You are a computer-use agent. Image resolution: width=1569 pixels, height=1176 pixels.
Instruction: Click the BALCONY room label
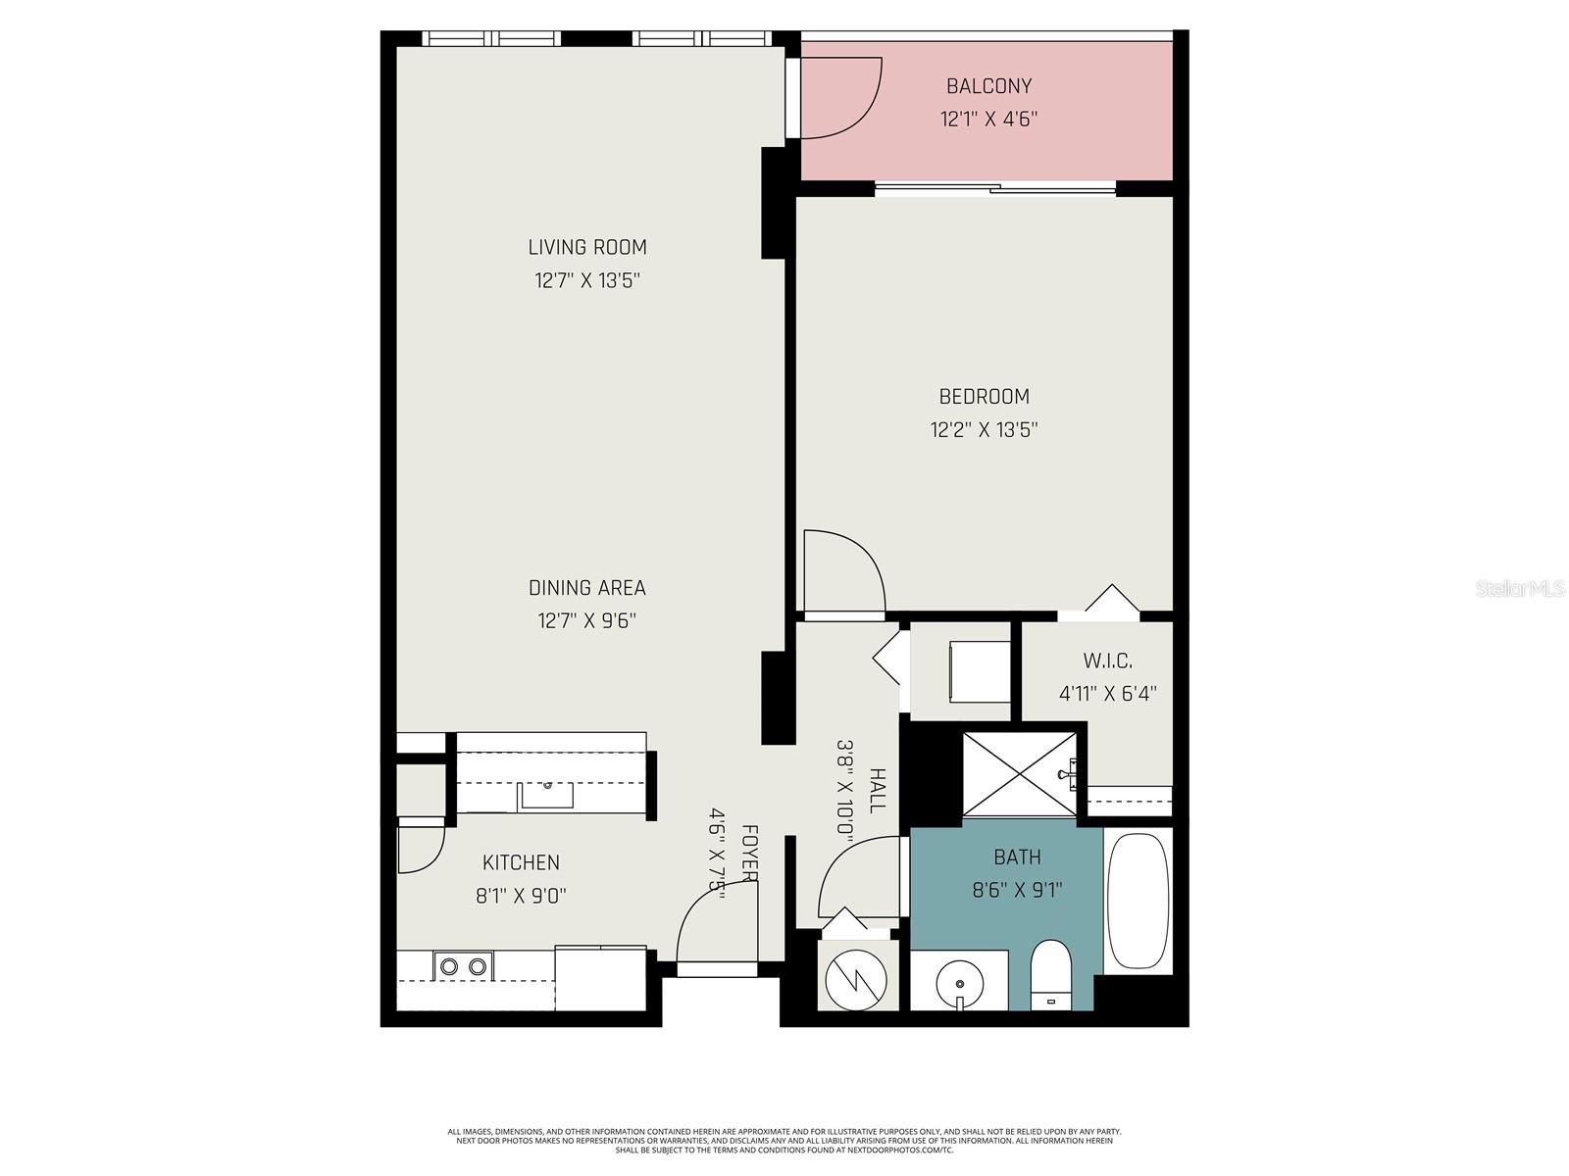(988, 86)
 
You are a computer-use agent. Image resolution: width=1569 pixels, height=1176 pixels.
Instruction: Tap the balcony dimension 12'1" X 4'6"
(988, 120)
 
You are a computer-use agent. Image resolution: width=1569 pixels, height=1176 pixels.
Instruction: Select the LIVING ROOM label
(587, 247)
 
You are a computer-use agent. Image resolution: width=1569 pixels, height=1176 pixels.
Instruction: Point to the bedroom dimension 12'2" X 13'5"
(984, 429)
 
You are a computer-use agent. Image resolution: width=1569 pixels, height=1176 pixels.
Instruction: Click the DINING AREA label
(586, 588)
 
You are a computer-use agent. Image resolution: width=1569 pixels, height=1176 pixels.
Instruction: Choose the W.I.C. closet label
(1108, 661)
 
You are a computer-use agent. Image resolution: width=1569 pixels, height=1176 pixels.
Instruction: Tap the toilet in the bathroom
(1052, 974)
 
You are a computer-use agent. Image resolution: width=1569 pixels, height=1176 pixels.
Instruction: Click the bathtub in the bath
(1138, 900)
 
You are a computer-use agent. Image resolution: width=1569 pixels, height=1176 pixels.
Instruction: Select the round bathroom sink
(958, 980)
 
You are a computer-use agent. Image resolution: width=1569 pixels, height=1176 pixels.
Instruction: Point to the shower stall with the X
(1020, 774)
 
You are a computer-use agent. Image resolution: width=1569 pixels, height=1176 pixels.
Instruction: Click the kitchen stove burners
(463, 966)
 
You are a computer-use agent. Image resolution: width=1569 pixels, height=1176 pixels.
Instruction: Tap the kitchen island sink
(546, 795)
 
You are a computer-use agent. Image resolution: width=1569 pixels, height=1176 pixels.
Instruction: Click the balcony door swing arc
(841, 98)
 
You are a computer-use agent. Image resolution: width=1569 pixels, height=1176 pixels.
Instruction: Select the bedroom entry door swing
(843, 571)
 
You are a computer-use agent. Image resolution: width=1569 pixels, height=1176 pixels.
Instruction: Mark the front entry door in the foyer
(716, 926)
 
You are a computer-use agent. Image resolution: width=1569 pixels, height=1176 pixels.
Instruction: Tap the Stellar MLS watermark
(1519, 589)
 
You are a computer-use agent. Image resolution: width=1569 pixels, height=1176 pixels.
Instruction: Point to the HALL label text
(878, 790)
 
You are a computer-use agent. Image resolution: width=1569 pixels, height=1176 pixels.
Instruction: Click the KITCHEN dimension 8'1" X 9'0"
(521, 896)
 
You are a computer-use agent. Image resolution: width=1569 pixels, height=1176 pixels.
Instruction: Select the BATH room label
(1017, 857)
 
